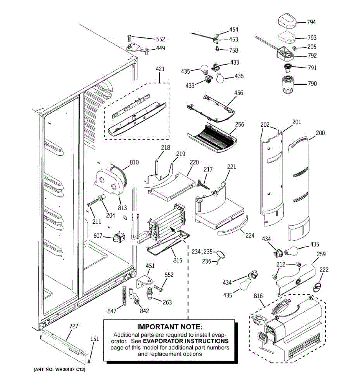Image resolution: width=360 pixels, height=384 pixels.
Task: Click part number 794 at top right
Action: (311, 22)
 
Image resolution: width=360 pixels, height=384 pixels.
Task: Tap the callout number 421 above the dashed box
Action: (160, 69)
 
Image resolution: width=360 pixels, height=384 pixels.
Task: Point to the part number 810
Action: (134, 162)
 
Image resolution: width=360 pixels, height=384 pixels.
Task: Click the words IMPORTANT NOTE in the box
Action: (170, 327)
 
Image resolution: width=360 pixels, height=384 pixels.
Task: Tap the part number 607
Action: (98, 236)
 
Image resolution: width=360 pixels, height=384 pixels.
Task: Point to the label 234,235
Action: (202, 252)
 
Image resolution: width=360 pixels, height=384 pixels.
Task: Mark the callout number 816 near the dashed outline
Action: (258, 296)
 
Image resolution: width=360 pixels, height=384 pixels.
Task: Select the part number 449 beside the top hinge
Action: (161, 48)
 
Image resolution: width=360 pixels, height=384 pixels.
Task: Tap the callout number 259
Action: (321, 254)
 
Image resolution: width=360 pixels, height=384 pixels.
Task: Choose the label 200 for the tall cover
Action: (320, 133)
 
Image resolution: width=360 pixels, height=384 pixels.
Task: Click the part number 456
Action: (239, 92)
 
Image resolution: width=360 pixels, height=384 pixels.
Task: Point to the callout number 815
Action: (178, 260)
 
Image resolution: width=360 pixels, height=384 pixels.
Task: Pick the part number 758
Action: (234, 50)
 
